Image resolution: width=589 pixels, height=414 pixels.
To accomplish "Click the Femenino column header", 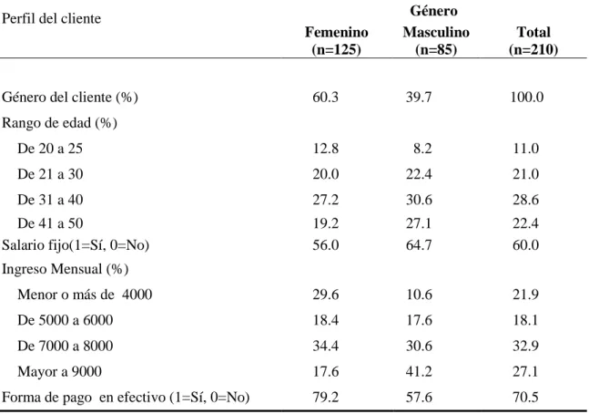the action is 336,32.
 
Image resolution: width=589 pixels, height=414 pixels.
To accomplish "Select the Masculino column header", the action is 436,32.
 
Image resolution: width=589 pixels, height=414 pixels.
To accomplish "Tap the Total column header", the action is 533,32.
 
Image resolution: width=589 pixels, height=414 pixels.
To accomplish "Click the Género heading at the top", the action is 434,11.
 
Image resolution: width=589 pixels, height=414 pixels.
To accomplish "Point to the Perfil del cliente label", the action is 52,18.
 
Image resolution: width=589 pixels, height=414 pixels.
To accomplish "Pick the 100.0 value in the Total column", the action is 527,97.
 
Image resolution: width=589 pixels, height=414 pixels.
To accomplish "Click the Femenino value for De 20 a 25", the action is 326,149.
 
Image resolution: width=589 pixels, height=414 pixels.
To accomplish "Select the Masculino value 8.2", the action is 422,149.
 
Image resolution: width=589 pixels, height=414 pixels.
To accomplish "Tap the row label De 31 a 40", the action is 50,200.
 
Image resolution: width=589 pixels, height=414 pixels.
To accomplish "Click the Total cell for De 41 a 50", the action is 526,223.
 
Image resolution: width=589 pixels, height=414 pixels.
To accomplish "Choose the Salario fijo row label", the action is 76,245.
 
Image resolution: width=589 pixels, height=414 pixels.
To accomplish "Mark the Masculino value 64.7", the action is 419,245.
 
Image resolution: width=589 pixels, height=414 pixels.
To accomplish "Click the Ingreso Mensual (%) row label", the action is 65,269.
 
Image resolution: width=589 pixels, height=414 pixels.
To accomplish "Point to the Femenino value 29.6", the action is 326,295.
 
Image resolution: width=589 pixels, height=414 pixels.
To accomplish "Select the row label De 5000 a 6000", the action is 65,320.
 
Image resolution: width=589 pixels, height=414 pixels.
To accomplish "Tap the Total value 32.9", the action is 526,346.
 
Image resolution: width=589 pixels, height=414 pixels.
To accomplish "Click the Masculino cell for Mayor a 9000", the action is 419,371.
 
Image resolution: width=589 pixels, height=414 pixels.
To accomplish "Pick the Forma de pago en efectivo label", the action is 126,398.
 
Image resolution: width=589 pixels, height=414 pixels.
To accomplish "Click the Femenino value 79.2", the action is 326,397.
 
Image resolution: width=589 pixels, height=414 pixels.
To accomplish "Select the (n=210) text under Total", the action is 533,49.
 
